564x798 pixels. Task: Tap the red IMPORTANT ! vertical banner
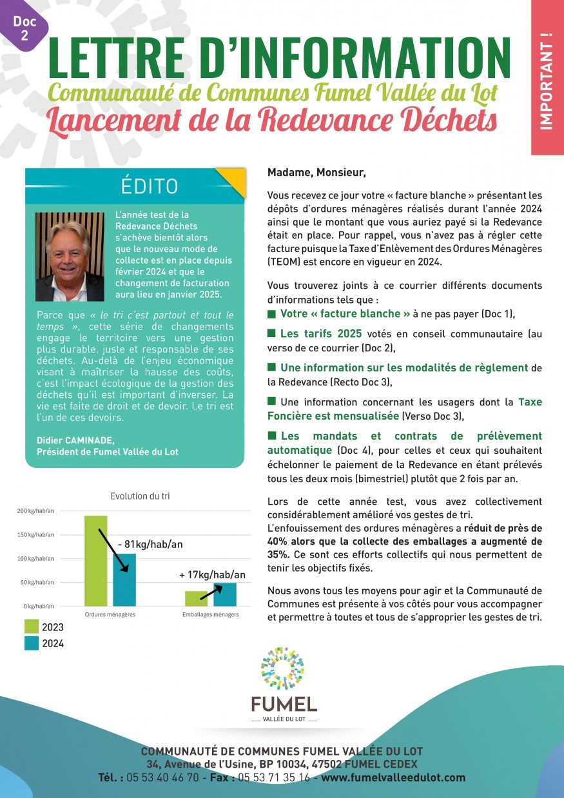[547, 77]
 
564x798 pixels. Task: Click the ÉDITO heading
[149, 186]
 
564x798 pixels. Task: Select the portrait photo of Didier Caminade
[70, 257]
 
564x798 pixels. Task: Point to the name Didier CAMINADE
[76, 440]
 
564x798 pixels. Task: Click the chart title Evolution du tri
[140, 496]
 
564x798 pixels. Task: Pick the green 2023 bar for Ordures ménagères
[95, 561]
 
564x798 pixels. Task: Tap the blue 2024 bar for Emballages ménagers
[225, 594]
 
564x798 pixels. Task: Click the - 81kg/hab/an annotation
[150, 544]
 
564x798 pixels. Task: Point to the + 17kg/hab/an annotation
[212, 574]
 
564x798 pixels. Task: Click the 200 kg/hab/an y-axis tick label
[35, 511]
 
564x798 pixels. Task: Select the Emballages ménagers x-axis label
[211, 615]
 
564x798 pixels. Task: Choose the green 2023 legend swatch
[32, 627]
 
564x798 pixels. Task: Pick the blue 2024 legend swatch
[32, 643]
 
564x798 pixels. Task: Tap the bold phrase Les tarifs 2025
[320, 334]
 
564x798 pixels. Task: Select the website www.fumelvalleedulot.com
[393, 778]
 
